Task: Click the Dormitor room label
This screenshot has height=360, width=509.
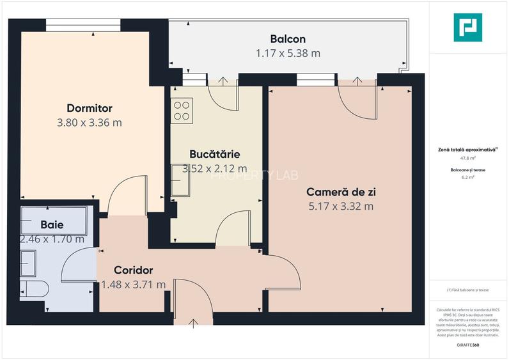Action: coord(90,108)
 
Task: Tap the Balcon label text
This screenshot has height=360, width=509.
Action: coord(287,39)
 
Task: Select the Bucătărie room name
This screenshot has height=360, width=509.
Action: coord(214,154)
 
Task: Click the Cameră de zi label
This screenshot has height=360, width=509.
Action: coord(340,192)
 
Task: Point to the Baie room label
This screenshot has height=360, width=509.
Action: coord(52,225)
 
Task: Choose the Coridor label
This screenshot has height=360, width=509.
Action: coord(133,270)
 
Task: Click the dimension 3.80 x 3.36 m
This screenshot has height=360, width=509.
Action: coord(90,123)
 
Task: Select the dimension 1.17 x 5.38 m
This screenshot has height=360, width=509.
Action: coord(287,54)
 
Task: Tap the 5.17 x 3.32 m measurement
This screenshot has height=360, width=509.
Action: coord(340,206)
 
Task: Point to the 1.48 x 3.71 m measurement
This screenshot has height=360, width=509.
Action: coord(133,285)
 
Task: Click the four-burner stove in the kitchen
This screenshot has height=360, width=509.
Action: coord(182,110)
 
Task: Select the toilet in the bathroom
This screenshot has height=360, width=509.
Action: coord(33,288)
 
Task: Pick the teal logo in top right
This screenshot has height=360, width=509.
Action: coord(467,27)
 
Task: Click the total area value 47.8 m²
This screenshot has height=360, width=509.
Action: coord(467,157)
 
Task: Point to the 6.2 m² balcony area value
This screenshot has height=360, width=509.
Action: coord(467,178)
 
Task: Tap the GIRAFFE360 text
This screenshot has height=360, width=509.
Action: coord(467,345)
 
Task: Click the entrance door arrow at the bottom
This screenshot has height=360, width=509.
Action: coord(194,322)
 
